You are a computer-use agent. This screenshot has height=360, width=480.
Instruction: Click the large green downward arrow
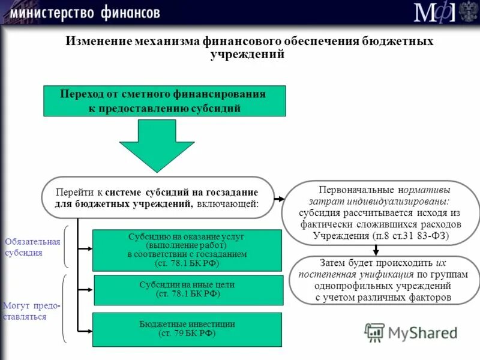(148, 144)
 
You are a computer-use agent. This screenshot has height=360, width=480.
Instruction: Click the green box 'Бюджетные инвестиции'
(187, 328)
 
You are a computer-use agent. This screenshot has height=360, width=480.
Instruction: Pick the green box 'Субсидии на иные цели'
(187, 290)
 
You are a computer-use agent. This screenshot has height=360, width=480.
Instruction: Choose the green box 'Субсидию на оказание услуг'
(187, 250)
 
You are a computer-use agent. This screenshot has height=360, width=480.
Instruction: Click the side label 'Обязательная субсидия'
(32, 247)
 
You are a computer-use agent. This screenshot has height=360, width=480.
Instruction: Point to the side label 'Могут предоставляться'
(31, 311)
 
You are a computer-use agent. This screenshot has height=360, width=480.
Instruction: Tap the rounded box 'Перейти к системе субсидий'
(157, 197)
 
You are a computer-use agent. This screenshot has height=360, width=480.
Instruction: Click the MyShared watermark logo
(411, 332)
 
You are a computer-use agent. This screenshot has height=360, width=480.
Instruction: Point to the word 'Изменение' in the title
(99, 42)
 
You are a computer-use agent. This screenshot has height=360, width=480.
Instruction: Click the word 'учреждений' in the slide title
(247, 54)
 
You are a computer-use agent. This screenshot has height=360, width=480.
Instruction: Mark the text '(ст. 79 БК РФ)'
(187, 333)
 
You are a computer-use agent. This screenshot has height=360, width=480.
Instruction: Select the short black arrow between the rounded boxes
(375, 250)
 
